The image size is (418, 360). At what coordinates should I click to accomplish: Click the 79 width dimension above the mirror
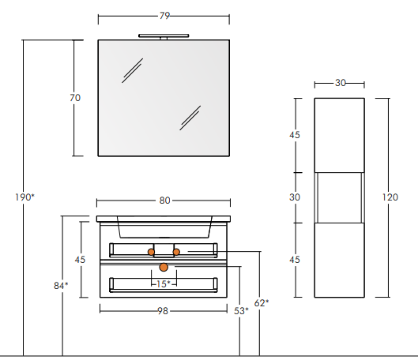coord(164,16)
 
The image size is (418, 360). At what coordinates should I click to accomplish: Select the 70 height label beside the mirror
coord(75,98)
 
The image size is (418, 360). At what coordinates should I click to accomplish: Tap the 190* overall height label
coord(24,197)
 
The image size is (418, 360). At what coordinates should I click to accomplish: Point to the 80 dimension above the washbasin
coord(164,201)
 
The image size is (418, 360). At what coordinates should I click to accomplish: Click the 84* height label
coord(61,286)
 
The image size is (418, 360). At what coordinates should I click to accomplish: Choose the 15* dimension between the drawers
coord(163,284)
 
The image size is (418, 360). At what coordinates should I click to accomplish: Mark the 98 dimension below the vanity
coord(163,311)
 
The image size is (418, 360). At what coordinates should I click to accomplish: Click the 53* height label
coord(241,311)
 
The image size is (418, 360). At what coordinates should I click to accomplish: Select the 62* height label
coord(262,302)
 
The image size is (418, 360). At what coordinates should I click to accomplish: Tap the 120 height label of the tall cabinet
coord(390,197)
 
